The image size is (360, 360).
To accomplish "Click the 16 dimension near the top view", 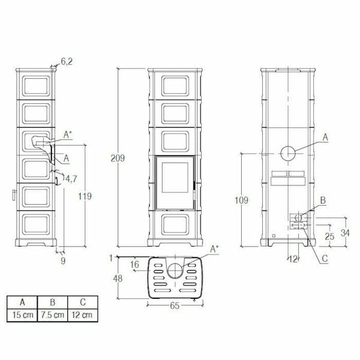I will click(x=134, y=264).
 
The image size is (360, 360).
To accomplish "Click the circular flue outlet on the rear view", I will click(x=289, y=153).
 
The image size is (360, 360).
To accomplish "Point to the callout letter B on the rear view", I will click(x=322, y=200).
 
